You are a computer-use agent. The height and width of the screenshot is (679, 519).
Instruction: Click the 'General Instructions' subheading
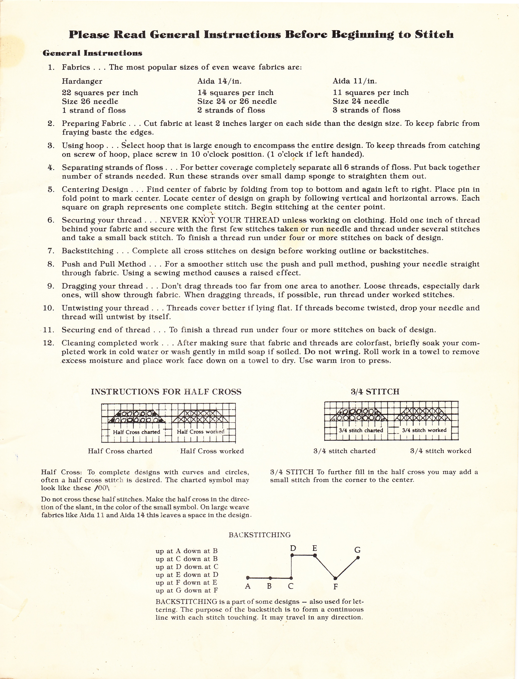92,53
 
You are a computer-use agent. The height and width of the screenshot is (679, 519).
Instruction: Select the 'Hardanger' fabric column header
82,81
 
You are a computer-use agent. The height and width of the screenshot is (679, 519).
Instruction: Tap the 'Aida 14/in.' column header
219,81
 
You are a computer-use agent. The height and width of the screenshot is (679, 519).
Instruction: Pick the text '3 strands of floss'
366,110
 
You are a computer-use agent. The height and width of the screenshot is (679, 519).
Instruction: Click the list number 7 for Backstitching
51,251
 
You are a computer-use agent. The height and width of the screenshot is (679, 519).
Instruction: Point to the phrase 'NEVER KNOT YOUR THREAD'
220,220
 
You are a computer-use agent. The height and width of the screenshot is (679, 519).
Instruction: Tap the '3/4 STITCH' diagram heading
375,392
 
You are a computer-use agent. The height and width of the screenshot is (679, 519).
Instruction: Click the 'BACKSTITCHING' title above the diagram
259,535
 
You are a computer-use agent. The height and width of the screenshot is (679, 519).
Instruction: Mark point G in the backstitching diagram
358,558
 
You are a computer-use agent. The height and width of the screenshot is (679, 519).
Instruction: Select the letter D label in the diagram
293,548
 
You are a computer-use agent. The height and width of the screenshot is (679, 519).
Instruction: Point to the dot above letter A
248,578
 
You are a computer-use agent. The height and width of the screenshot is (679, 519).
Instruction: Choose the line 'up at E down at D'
187,575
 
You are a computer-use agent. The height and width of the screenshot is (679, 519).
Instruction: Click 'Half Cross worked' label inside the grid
201,431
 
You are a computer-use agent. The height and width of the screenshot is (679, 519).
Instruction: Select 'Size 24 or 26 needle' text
237,101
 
